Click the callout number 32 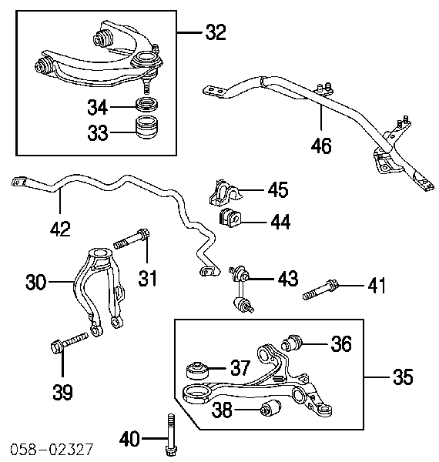pyautogui.click(x=216, y=32)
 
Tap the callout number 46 pyautogui.click(x=321, y=146)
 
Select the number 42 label pyautogui.click(x=60, y=229)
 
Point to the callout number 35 pyautogui.click(x=403, y=377)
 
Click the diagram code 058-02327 pyautogui.click(x=52, y=450)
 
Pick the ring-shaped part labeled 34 pyautogui.click(x=147, y=105)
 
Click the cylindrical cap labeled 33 pyautogui.click(x=147, y=128)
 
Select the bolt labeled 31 pyautogui.click(x=132, y=239)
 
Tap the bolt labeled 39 pyautogui.click(x=69, y=343)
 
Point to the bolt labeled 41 pyautogui.click(x=321, y=290)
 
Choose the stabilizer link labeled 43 pyautogui.click(x=242, y=290)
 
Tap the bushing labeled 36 pyautogui.click(x=292, y=343)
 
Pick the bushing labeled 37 pyautogui.click(x=197, y=370)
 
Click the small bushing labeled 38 pyautogui.click(x=271, y=408)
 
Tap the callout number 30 pyautogui.click(x=36, y=282)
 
